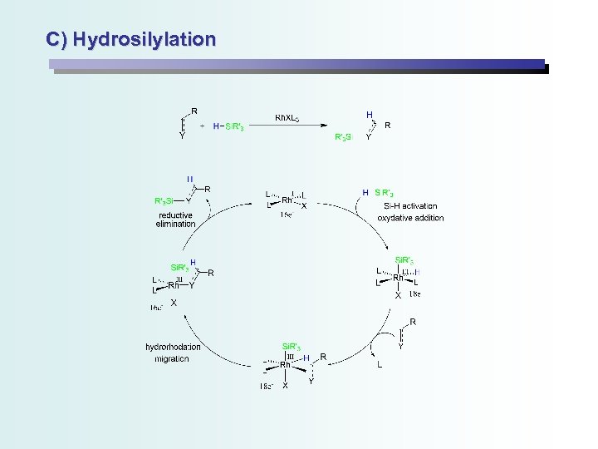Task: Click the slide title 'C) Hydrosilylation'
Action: [x=131, y=39]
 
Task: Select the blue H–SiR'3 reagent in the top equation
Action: [x=228, y=126]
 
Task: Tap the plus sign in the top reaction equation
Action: [x=203, y=126]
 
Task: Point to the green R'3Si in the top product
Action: [x=343, y=136]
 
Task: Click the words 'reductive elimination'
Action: [x=176, y=219]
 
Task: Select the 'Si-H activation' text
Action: [x=410, y=205]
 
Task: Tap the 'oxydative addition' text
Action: [x=410, y=218]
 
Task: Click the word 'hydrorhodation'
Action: [x=173, y=347]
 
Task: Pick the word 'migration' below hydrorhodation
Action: [x=171, y=358]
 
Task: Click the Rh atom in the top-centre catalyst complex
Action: [x=287, y=200]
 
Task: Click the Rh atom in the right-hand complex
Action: [x=399, y=279]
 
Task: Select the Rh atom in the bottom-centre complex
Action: [x=286, y=364]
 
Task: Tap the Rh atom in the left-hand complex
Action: [x=174, y=285]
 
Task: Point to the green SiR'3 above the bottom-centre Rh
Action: [x=292, y=345]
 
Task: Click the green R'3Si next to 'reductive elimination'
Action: [x=164, y=201]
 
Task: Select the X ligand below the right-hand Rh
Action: [x=398, y=295]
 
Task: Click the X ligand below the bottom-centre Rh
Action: [x=285, y=386]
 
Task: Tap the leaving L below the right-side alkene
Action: [x=380, y=364]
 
